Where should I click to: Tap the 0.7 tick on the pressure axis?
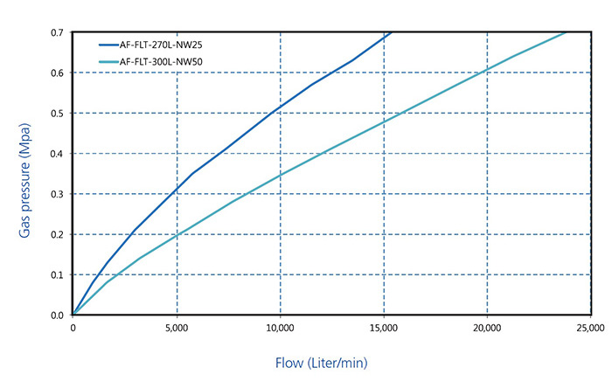[x=57, y=32]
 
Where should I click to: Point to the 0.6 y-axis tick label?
[x=57, y=73]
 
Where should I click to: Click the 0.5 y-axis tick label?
[x=57, y=113]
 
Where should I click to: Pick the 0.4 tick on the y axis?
[x=57, y=154]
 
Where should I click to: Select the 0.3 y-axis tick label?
[x=57, y=194]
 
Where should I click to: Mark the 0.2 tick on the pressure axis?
[x=57, y=234]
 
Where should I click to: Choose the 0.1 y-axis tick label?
[x=57, y=274]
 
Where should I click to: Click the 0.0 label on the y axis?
[x=57, y=315]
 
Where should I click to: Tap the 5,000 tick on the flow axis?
[x=177, y=329]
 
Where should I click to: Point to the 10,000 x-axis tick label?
[x=280, y=329]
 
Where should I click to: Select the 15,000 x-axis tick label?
[x=383, y=329]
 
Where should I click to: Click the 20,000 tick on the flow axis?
[x=486, y=329]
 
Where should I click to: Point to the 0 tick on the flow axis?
[x=73, y=329]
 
